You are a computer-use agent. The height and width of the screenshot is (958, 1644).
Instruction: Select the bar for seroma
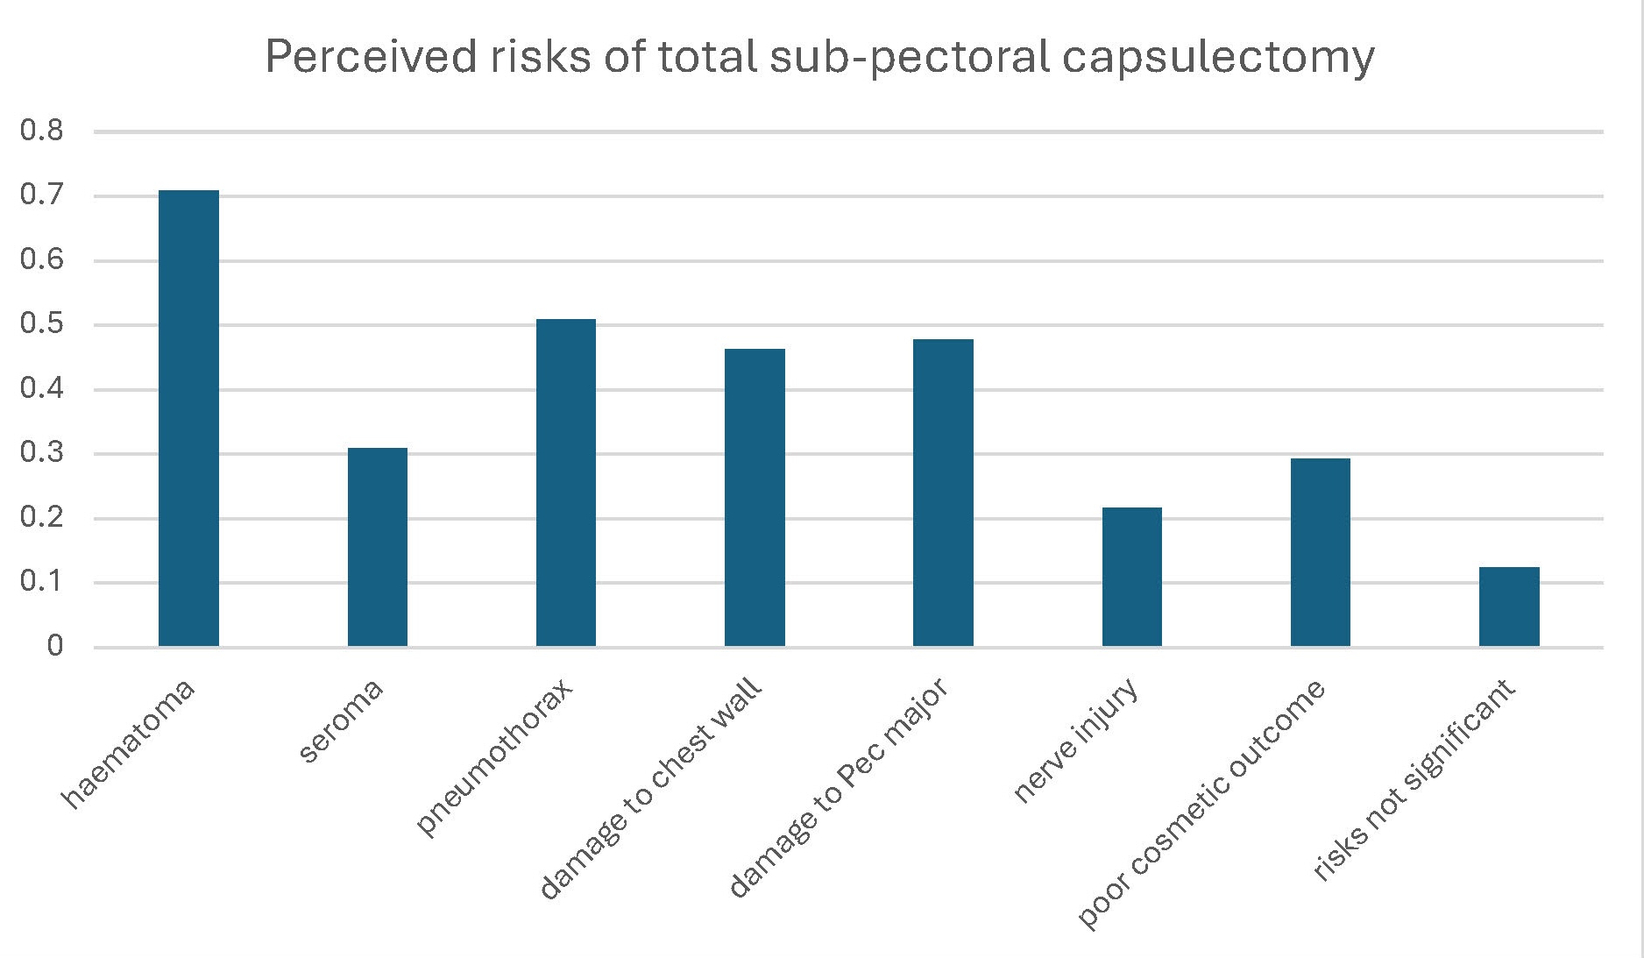click(378, 547)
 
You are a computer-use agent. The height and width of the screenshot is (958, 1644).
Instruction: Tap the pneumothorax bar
click(566, 483)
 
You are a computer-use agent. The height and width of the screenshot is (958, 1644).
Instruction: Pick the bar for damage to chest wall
click(755, 497)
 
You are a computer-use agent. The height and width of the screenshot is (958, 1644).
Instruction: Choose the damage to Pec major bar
click(943, 493)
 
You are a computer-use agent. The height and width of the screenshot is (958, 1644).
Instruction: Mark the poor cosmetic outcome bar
click(1320, 552)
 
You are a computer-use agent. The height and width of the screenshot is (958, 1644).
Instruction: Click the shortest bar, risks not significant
click(1509, 607)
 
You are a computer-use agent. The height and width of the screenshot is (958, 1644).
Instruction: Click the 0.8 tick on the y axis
click(42, 131)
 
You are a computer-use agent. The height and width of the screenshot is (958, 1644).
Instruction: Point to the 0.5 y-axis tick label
click(42, 325)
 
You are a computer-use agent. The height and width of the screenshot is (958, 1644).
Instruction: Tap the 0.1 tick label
click(42, 583)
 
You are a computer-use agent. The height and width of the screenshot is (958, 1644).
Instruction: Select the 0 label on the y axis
click(54, 647)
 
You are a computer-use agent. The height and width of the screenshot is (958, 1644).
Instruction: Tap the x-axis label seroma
click(341, 720)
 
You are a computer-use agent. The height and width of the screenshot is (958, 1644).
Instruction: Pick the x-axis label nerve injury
click(1075, 741)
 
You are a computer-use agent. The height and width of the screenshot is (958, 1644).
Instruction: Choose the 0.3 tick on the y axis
click(42, 454)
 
